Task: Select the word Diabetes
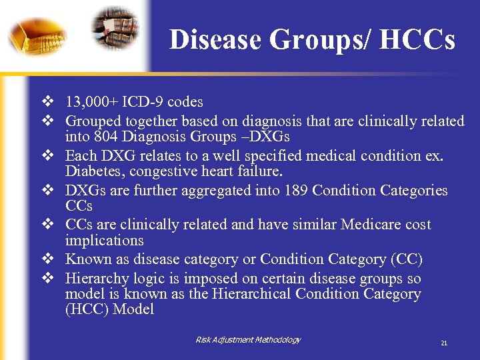(92, 172)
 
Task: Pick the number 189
(293, 191)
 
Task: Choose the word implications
(104, 240)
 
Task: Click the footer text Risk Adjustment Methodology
(248, 340)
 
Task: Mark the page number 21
(444, 343)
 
